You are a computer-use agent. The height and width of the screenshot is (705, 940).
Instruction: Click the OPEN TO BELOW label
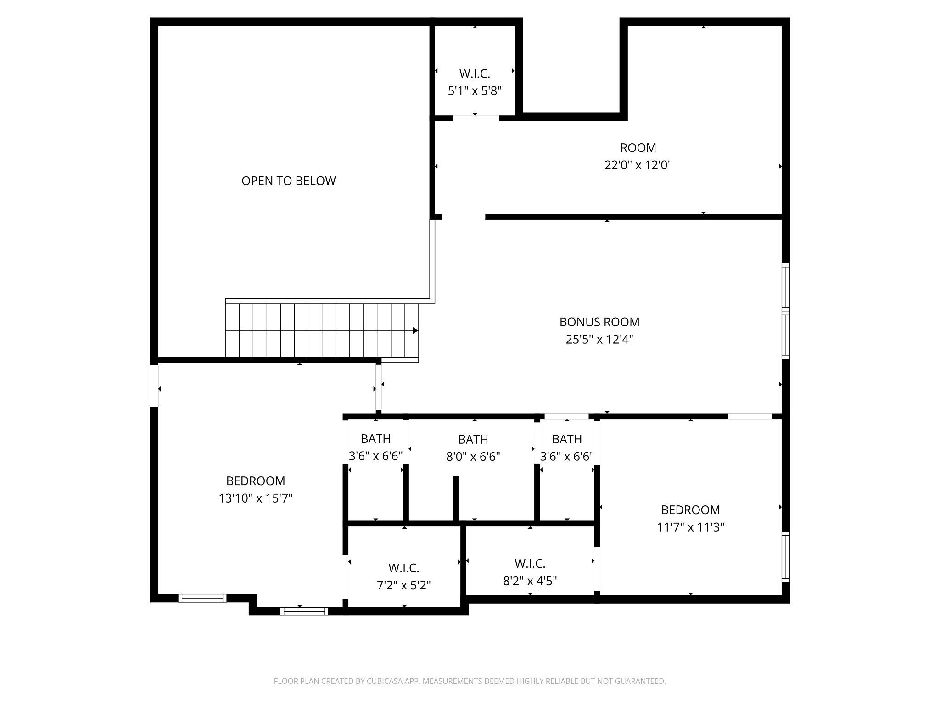289,181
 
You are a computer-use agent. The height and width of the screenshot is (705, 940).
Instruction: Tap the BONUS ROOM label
599,322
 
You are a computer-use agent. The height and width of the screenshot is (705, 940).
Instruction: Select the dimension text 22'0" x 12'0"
638,165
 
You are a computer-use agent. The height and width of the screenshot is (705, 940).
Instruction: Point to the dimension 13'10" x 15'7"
256,498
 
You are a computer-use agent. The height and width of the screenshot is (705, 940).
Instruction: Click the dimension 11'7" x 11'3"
691,527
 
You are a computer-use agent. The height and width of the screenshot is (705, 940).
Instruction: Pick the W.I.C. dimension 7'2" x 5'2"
404,585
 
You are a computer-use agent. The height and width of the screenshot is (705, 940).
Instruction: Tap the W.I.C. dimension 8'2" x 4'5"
530,581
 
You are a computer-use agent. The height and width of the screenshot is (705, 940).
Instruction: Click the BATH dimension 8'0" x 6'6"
473,457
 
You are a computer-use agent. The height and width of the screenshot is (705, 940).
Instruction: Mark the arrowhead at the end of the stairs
416,330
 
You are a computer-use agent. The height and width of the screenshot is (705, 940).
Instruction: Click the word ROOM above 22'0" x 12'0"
638,148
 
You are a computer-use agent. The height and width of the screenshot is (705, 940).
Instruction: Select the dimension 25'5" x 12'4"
599,340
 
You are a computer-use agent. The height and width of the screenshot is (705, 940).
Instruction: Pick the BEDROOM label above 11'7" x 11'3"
691,510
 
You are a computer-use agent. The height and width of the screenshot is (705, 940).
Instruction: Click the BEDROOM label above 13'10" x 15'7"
256,481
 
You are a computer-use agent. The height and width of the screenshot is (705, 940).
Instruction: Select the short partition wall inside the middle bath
456,499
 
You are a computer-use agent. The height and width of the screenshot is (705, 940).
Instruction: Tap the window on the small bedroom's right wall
786,557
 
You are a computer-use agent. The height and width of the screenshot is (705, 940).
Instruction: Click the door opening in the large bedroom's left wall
155,386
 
